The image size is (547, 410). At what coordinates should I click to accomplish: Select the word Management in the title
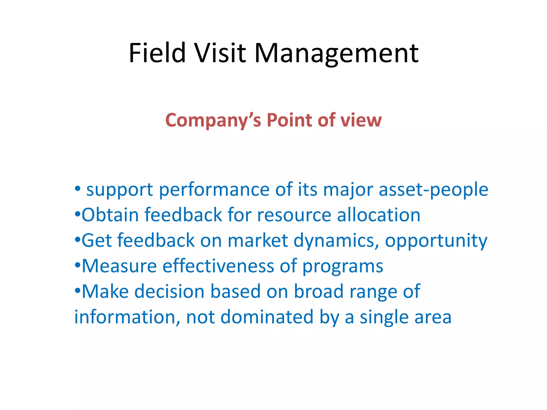coord(336,53)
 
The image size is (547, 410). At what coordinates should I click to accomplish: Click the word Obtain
coord(110,215)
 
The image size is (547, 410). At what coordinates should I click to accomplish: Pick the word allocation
coord(378,215)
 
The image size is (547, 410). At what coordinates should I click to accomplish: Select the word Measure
coord(119,266)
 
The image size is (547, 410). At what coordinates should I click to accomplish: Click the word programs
coord(343,266)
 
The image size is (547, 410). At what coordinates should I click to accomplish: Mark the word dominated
coord(267,317)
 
